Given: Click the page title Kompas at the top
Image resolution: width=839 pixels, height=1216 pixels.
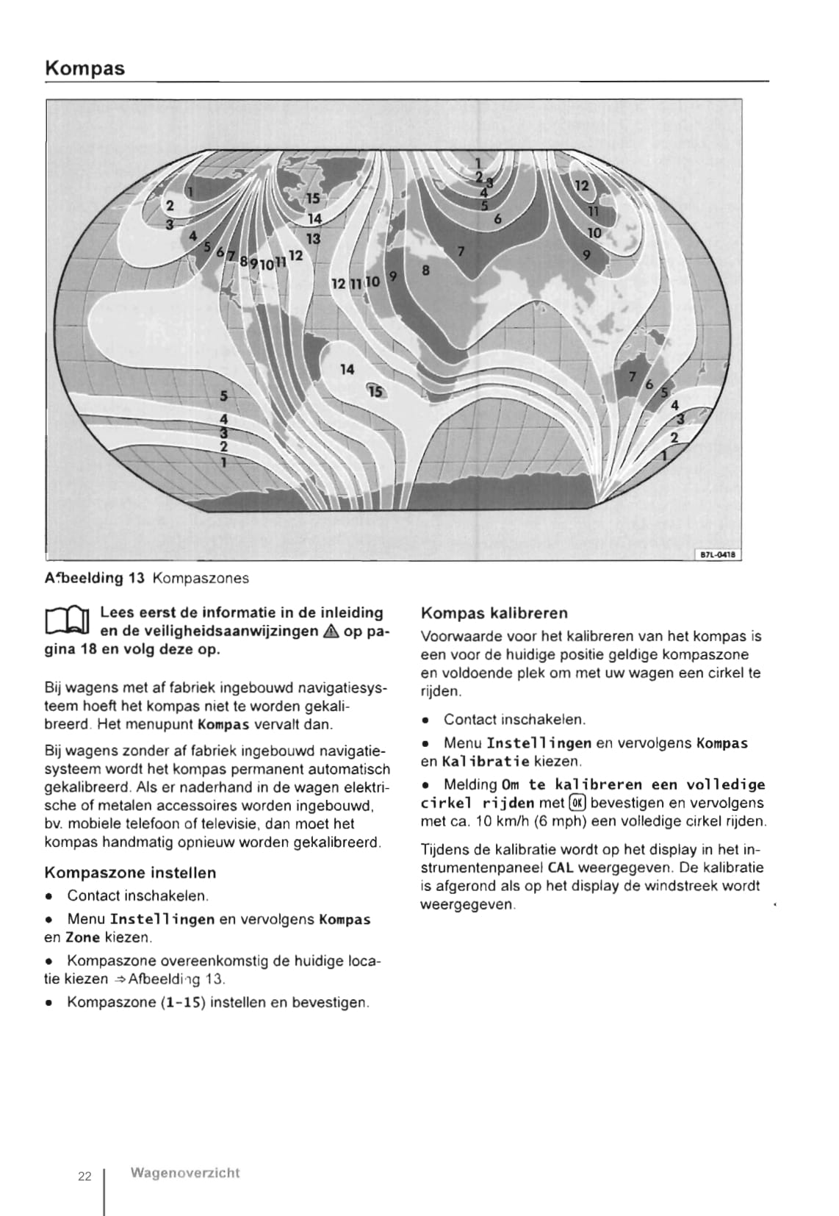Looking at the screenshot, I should [84, 68].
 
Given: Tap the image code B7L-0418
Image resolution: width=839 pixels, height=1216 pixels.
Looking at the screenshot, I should [718, 555].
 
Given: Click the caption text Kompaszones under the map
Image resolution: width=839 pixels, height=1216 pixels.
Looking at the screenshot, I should [200, 579].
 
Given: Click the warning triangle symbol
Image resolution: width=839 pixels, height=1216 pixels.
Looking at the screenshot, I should [329, 632].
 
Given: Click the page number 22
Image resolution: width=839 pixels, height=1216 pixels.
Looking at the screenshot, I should [84, 1176].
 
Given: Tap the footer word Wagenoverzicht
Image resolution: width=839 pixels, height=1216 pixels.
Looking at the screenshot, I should [184, 1173].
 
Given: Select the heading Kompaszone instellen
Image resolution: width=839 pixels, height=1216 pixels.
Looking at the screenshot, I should [130, 873].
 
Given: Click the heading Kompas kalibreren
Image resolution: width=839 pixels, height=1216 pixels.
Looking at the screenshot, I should [494, 613].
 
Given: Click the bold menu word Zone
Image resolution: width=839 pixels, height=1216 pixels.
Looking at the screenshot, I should [82, 938].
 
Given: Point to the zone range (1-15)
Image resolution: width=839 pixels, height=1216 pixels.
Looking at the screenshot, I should [183, 1002].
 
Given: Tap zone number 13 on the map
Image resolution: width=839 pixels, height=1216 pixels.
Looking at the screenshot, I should [314, 238].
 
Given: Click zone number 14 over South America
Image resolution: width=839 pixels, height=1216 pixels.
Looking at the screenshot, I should [348, 369].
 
